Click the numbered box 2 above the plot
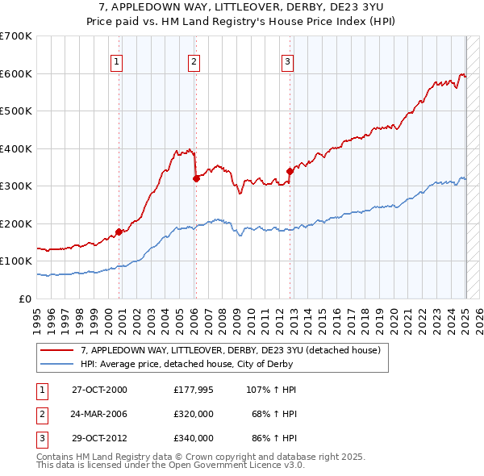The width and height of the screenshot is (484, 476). (194, 61)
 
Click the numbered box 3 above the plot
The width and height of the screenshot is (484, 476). (288, 61)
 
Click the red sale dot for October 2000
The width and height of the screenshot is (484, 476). (119, 232)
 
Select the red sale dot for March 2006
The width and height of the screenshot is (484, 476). (195, 178)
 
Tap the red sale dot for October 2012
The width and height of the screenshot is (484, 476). (289, 171)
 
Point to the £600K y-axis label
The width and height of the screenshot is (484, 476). (16, 73)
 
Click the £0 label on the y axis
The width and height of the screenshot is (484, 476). (23, 299)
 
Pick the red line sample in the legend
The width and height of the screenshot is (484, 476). (57, 350)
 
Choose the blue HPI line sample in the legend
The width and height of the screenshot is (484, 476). (57, 364)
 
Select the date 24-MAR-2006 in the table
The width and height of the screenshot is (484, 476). (99, 413)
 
